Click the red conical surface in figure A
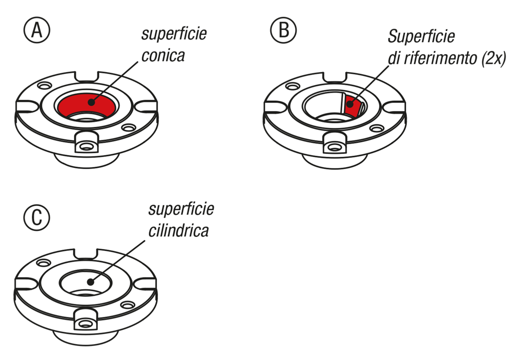[70, 106]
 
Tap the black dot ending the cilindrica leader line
[90, 282]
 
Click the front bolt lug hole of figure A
[86, 145]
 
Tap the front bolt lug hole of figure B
[333, 145]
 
